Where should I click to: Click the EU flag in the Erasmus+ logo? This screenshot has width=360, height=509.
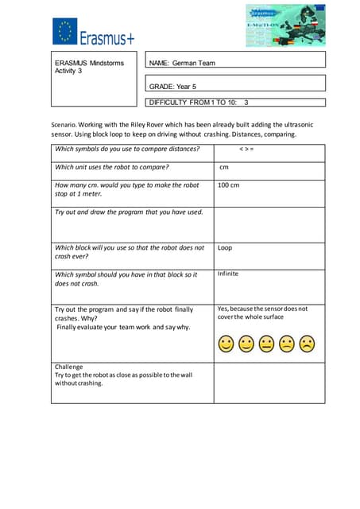point(65,32)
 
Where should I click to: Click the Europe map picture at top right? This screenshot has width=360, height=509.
point(285,25)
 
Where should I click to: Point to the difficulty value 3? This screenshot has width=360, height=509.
point(246,103)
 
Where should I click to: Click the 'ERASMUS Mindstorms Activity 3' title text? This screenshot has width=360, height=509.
point(89,66)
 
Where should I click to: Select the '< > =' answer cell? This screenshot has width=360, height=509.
point(246,149)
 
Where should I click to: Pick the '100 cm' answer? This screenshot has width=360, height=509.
point(228,185)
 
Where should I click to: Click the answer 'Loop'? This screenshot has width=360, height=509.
point(225,247)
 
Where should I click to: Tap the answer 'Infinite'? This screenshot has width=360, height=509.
point(227,274)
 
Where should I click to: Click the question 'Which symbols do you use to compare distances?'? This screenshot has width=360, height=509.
point(127,149)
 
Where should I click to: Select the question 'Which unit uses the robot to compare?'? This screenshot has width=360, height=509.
point(111,167)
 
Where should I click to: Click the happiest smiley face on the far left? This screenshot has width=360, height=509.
point(226,344)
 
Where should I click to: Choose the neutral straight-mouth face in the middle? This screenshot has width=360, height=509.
point(266,344)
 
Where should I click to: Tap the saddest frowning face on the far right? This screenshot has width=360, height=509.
point(307,344)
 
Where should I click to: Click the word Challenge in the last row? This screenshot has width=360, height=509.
point(69,367)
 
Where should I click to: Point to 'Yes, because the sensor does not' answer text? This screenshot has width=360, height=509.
point(262,309)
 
